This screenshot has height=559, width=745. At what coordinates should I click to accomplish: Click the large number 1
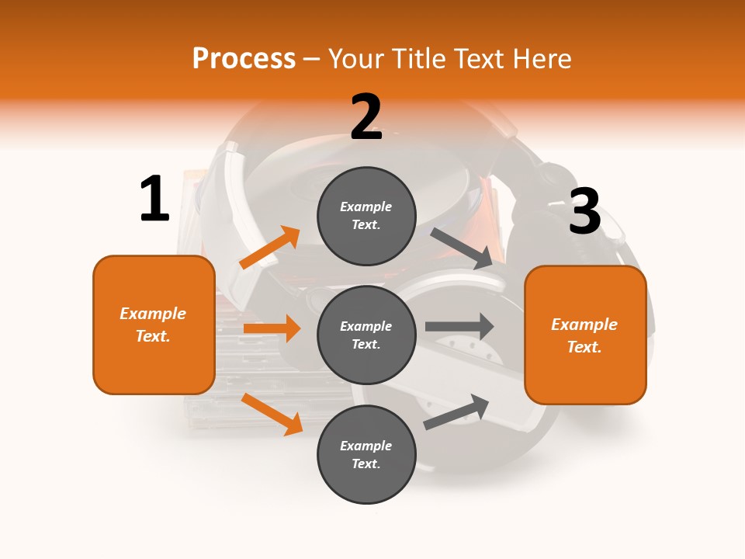click(154, 199)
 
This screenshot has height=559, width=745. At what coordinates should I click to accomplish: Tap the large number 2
click(366, 117)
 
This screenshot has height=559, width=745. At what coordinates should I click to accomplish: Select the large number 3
click(584, 211)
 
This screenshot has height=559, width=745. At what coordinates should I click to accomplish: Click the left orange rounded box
click(154, 325)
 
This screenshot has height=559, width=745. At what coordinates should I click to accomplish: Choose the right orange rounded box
click(585, 335)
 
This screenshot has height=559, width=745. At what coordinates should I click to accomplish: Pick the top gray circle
click(366, 216)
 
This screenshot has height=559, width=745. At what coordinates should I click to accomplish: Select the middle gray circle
click(366, 335)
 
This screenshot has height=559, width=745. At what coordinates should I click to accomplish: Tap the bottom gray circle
click(366, 455)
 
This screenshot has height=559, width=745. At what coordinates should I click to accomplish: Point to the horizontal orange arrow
click(272, 328)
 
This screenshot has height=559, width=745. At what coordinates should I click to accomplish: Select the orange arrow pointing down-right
click(272, 414)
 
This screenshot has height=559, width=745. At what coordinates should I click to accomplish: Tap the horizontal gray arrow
click(459, 326)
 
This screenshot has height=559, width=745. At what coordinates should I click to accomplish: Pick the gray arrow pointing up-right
click(456, 411)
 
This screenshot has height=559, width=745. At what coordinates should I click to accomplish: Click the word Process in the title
click(244, 58)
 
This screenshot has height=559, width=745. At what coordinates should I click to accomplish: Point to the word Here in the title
click(539, 58)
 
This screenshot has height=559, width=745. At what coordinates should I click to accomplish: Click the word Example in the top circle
click(366, 207)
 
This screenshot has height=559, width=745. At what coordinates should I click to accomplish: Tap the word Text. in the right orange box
click(584, 347)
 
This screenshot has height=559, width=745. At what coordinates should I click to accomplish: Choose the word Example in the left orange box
click(153, 314)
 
